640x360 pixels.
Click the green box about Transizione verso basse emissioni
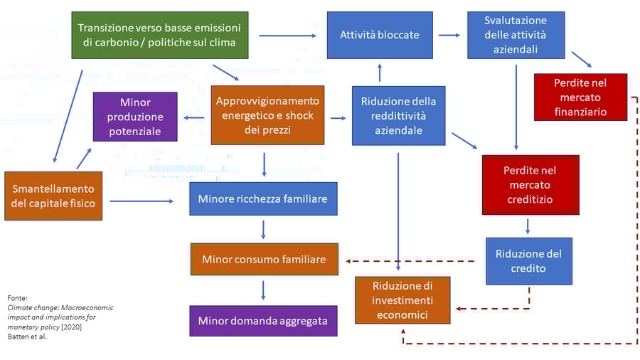click(x=160, y=35)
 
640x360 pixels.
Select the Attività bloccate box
click(x=380, y=35)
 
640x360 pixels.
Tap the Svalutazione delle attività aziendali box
click(x=516, y=35)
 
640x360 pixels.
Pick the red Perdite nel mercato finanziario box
click(x=580, y=97)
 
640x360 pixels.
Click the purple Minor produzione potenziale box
click(x=135, y=116)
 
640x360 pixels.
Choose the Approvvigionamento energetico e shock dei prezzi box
click(x=267, y=115)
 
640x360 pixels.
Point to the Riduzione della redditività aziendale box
click(x=398, y=115)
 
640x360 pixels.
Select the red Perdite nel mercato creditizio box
click(x=530, y=185)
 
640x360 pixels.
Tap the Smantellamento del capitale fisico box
click(x=52, y=196)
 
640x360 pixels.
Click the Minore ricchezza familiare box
click(x=263, y=198)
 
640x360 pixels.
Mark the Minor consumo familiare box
click(x=264, y=259)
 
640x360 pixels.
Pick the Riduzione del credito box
click(x=530, y=260)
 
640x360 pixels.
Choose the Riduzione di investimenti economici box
click(x=402, y=300)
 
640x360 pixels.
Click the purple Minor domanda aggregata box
click(x=263, y=321)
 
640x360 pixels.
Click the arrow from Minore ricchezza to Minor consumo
click(x=264, y=229)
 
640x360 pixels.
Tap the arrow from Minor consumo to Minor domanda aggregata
click(x=264, y=290)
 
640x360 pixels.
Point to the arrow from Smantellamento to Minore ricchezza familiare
click(x=142, y=201)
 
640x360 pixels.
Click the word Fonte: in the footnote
click(x=17, y=297)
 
